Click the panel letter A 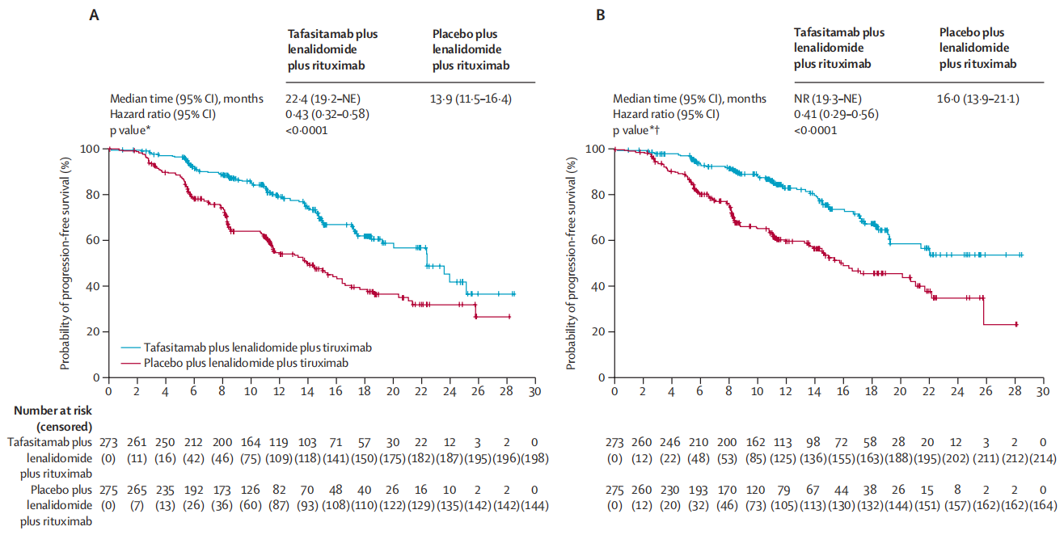[94, 15]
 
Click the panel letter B [601, 15]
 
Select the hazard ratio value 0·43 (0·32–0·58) [328, 114]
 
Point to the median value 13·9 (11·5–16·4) [472, 99]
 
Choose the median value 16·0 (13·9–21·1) [978, 99]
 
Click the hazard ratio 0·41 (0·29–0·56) [834, 114]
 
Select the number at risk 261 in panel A [137, 442]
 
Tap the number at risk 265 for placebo [137, 490]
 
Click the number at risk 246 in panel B [671, 442]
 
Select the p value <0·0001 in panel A [308, 129]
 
